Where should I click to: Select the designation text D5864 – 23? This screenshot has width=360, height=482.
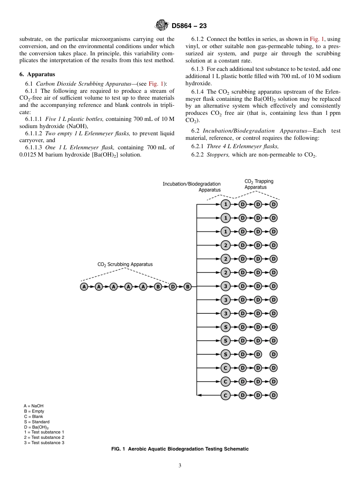click(189, 26)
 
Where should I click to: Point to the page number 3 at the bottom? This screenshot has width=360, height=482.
click(180, 466)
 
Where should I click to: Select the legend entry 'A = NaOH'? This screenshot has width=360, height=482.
click(33, 406)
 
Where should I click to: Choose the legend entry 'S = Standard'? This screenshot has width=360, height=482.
click(36, 422)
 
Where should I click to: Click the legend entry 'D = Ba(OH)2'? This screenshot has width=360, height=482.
click(36, 427)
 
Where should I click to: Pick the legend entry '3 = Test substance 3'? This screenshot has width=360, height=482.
click(44, 443)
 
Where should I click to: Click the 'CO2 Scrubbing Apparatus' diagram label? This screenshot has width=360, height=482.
click(125, 264)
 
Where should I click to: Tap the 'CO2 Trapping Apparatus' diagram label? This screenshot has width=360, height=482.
click(259, 184)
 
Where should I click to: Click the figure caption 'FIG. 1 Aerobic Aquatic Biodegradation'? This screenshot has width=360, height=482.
click(180, 449)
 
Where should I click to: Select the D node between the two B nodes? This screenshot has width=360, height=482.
click(173, 287)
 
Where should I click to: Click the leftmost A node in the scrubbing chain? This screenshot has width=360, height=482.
click(84, 287)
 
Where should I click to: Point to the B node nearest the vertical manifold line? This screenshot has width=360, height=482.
click(187, 287)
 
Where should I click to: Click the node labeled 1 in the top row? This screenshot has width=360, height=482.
click(225, 205)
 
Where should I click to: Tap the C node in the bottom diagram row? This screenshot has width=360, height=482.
click(225, 395)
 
